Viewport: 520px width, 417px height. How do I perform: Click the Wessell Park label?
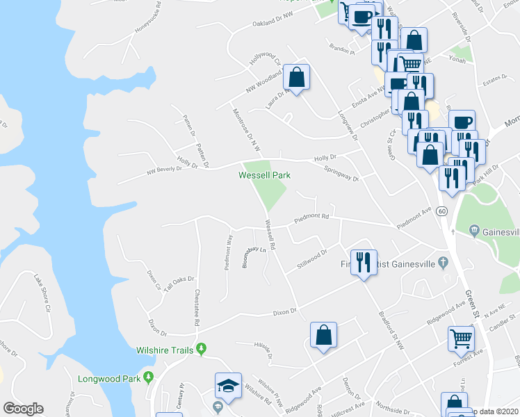[264, 175]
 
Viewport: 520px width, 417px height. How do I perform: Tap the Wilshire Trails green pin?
[202, 348]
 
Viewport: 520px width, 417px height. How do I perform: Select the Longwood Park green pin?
[148, 377]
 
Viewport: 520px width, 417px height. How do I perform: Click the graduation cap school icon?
[227, 386]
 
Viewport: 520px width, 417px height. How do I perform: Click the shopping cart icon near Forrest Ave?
[460, 338]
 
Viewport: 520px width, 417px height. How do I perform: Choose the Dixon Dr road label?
[284, 311]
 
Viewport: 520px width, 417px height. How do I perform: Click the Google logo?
[23, 409]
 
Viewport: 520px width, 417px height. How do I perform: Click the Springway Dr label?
[341, 174]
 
